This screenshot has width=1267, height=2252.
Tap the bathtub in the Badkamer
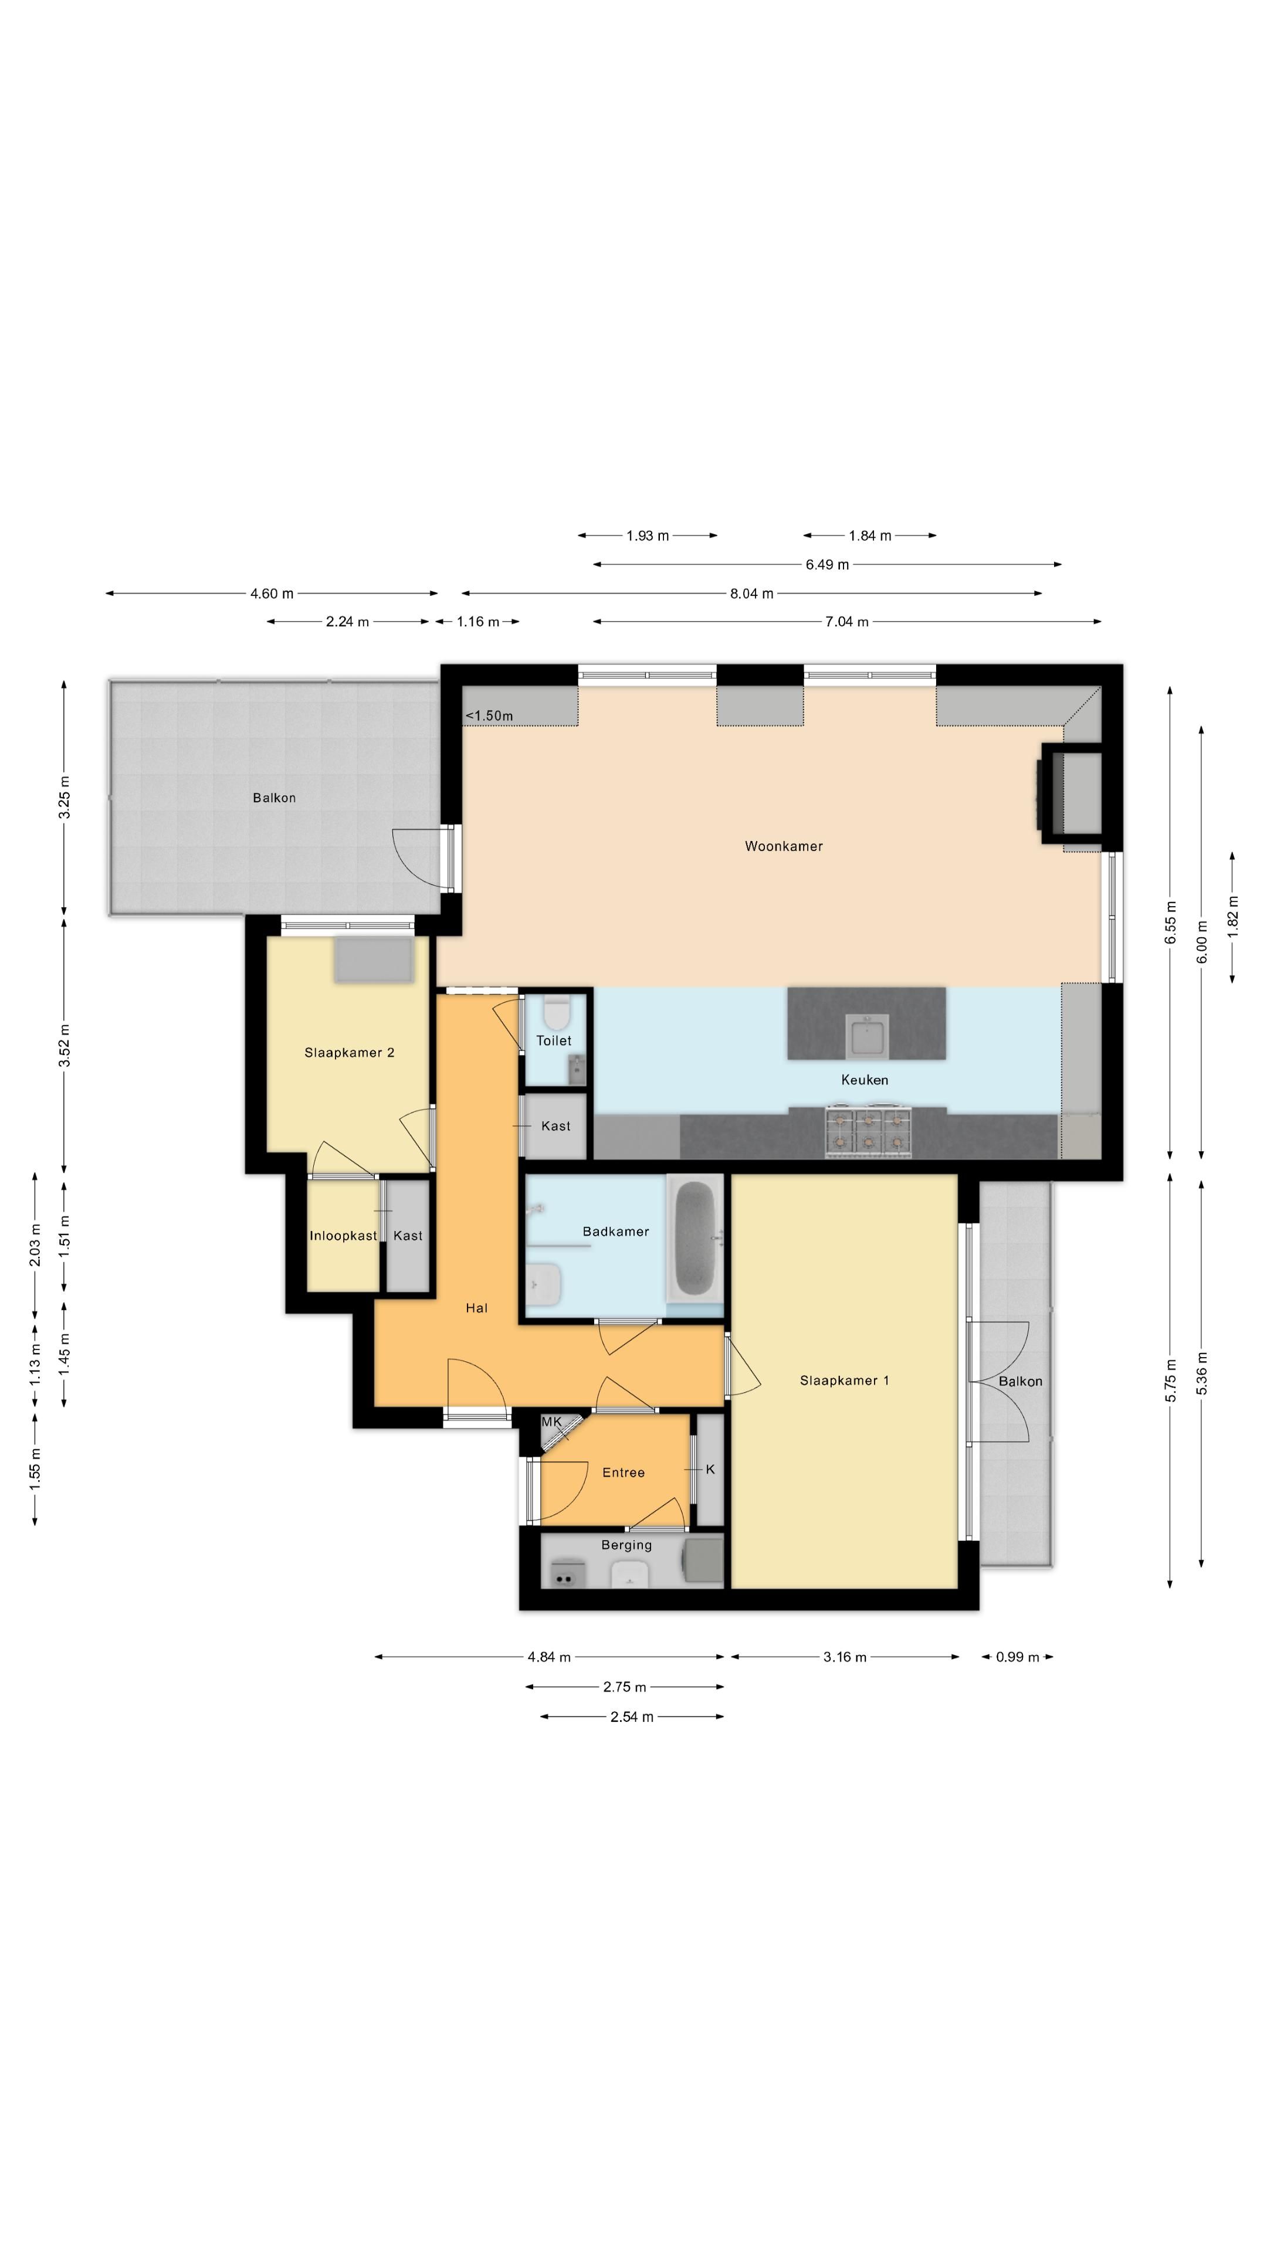[x=695, y=1238]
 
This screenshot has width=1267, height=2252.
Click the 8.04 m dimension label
[x=751, y=593]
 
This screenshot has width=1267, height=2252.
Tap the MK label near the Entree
[x=552, y=1422]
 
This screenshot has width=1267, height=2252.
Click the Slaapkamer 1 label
[x=844, y=1381]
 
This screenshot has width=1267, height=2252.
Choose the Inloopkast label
[x=343, y=1235]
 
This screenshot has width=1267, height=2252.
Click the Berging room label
[x=626, y=1545]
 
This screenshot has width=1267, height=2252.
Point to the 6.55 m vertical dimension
[x=1170, y=922]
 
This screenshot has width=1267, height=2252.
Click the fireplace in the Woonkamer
[x=1070, y=793]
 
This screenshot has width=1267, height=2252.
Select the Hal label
[x=476, y=1308]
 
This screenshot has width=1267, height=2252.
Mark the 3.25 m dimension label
[x=64, y=798]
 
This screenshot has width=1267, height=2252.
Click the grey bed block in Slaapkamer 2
[x=374, y=959]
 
